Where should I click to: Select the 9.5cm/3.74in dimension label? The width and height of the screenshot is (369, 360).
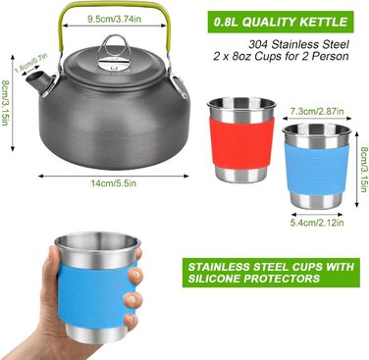(114, 19)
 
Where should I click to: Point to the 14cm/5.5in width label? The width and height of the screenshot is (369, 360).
(114, 183)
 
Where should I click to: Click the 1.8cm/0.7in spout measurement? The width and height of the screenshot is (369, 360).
(31, 63)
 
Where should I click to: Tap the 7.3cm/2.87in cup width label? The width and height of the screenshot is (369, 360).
(317, 112)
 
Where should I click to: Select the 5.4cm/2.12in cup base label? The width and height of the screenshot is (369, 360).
(317, 223)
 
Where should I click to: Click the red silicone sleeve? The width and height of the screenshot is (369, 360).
(242, 143)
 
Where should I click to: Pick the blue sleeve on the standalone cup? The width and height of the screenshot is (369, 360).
(317, 168)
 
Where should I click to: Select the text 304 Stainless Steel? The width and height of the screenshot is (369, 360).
(298, 44)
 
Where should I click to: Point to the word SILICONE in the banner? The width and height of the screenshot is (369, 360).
(213, 279)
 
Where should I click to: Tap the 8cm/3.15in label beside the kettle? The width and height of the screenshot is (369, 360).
(5, 103)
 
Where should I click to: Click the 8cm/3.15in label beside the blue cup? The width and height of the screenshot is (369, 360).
(363, 171)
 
